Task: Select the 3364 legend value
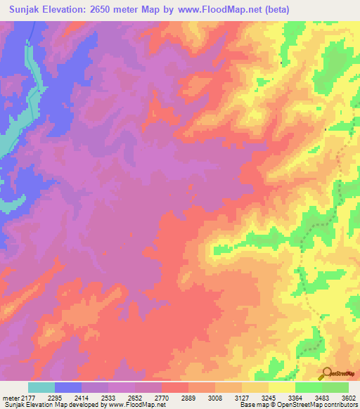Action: click(x=295, y=397)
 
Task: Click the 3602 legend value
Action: click(x=348, y=397)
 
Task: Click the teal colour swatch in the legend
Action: click(x=41, y=387)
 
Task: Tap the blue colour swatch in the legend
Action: click(x=68, y=387)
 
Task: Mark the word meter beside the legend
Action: click(x=11, y=397)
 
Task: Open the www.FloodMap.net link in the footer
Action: click(x=137, y=405)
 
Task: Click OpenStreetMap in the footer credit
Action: click(x=298, y=405)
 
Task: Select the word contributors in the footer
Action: click(x=339, y=405)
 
